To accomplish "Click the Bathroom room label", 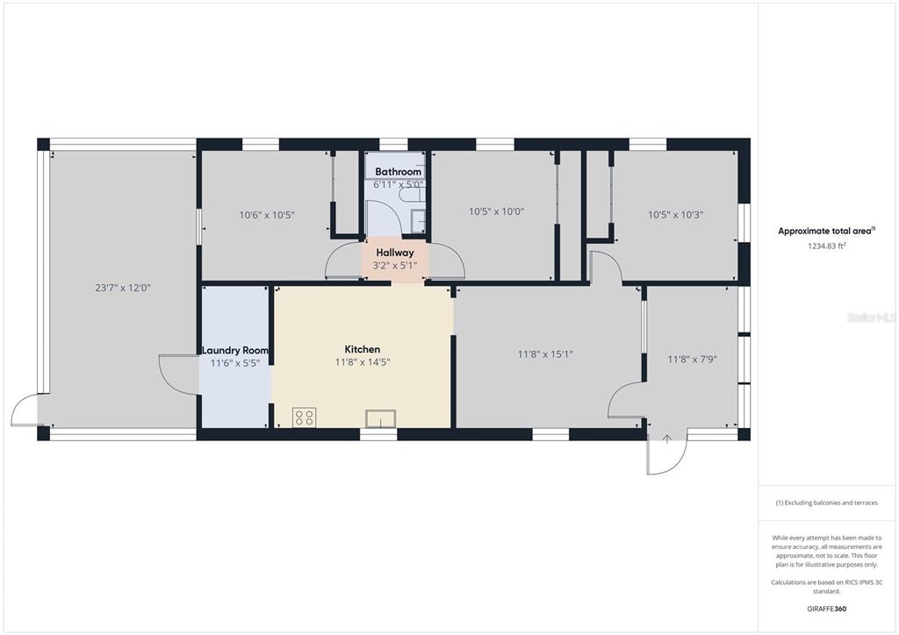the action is (x=398, y=172).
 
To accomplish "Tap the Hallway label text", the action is (x=395, y=253).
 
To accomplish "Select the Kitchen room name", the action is (x=363, y=349).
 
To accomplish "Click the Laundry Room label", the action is (x=235, y=351).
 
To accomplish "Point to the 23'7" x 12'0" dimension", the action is (x=123, y=288).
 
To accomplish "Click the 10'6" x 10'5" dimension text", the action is (x=267, y=215).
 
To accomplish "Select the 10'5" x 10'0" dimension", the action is (x=497, y=211).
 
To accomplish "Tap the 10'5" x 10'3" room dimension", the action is (x=675, y=215).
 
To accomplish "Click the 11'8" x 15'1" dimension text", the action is (x=545, y=354).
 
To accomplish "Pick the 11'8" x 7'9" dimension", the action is (x=692, y=360).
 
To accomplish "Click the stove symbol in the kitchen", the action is (x=304, y=417).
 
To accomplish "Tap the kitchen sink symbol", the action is (x=381, y=418).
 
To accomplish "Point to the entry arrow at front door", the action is (x=667, y=439).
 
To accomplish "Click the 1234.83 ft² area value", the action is (x=827, y=246).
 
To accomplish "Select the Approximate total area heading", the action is (x=826, y=232).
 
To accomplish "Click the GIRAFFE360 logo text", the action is (x=826, y=609).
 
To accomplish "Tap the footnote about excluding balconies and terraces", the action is (x=826, y=503).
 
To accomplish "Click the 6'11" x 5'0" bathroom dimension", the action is (x=398, y=185).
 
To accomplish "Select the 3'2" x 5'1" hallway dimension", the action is (x=395, y=266).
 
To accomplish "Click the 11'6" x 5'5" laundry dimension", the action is (x=235, y=363).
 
